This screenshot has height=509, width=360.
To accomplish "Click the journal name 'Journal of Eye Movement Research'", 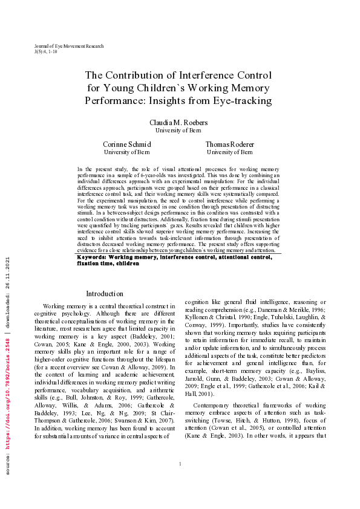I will (x=70, y=46).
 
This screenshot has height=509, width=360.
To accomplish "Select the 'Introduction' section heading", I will (x=105, y=294).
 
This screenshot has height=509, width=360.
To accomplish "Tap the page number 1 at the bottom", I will (x=180, y=481).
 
